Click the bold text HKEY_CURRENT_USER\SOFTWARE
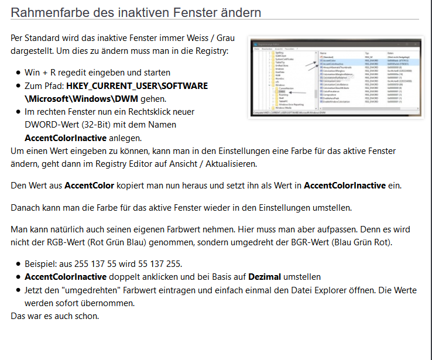(x=137, y=85)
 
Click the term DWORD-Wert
(x=51, y=124)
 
